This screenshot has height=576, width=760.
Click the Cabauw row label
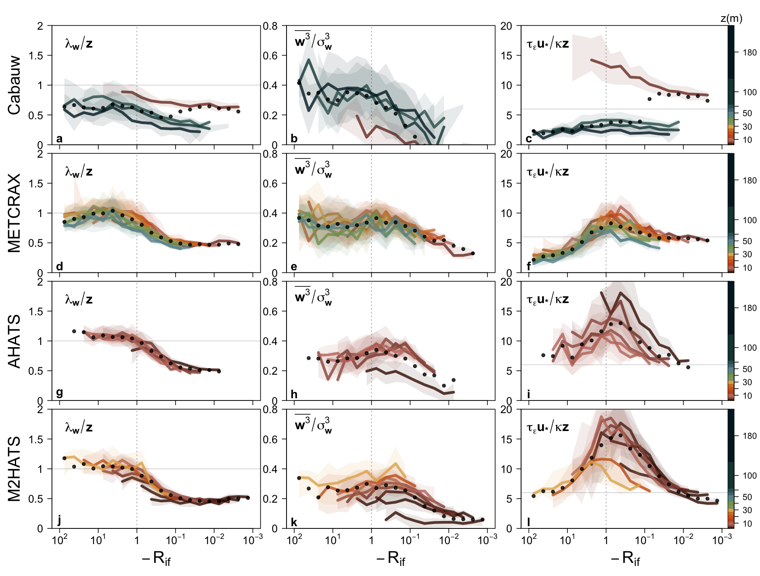tap(14, 86)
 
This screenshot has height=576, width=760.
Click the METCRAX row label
tap(14, 213)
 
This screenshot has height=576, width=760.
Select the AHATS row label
tap(14, 341)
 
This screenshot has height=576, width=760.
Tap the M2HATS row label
tap(14, 469)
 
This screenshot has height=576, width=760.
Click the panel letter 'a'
tap(59, 139)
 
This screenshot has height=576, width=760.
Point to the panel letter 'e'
tap(294, 267)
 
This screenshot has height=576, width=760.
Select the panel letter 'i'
tap(529, 395)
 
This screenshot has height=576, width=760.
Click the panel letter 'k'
tap(294, 522)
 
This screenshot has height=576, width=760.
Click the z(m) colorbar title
tap(731, 18)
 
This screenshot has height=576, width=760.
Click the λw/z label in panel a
tap(79, 44)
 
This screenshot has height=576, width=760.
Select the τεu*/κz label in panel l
tap(548, 427)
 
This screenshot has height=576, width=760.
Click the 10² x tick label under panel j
tap(59, 540)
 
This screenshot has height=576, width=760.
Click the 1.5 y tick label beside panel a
tap(37, 55)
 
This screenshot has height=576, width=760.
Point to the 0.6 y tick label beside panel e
tap(270, 183)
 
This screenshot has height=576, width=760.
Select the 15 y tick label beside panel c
tap(506, 55)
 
